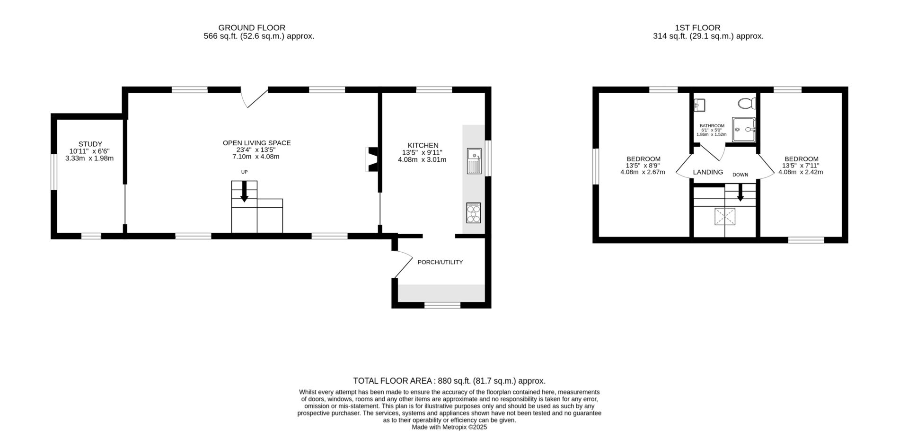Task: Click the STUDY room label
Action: click(x=90, y=144)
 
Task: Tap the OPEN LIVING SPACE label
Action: click(x=256, y=143)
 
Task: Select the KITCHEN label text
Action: click(x=423, y=145)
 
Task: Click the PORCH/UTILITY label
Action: click(x=440, y=262)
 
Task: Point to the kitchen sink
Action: click(x=474, y=161)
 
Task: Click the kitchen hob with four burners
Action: click(x=474, y=212)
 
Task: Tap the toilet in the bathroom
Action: click(x=746, y=103)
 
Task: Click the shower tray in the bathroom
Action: click(x=744, y=130)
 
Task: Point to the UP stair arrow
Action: click(x=244, y=193)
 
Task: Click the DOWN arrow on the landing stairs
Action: click(x=740, y=193)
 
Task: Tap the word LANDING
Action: click(x=708, y=172)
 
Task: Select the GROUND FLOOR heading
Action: click(x=252, y=28)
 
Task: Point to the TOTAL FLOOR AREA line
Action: click(x=449, y=381)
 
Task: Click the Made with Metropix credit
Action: click(x=449, y=427)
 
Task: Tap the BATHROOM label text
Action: click(x=712, y=126)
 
